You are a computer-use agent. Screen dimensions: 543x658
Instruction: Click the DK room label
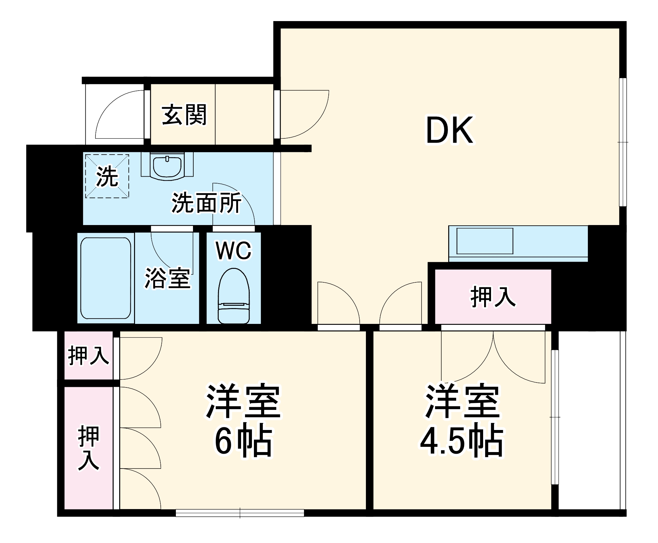[450, 130]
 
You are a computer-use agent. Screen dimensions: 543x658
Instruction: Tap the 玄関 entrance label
[184, 115]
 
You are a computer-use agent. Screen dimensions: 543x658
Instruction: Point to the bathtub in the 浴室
[106, 278]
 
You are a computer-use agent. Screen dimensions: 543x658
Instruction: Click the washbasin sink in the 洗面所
[167, 166]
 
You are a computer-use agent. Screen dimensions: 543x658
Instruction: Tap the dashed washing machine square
[107, 176]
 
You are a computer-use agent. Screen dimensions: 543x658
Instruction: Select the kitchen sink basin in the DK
[484, 241]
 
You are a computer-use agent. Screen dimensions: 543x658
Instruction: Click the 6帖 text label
[244, 442]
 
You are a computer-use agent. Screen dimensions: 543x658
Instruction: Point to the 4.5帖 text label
[462, 442]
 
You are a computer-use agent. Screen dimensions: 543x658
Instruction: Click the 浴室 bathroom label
[168, 279]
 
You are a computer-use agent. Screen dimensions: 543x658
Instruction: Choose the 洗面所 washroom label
[206, 203]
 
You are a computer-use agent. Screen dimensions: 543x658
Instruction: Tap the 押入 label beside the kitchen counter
[493, 297]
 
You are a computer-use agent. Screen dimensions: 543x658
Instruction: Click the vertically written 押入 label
[88, 448]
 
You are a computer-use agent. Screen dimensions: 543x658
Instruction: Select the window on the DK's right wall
[622, 142]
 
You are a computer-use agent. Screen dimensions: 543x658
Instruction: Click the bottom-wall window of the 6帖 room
[240, 513]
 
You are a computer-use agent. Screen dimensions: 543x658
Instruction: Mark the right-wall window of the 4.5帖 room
[555, 417]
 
